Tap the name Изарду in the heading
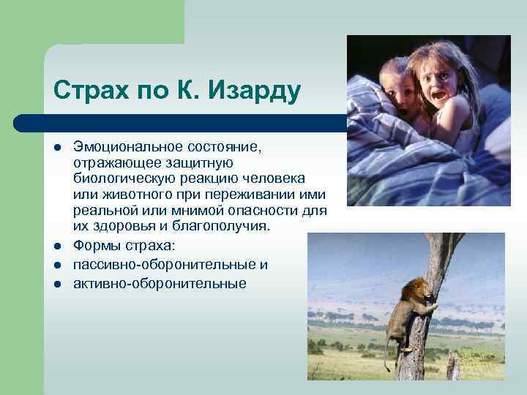click(x=253, y=91)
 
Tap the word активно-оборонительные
click(x=160, y=282)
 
